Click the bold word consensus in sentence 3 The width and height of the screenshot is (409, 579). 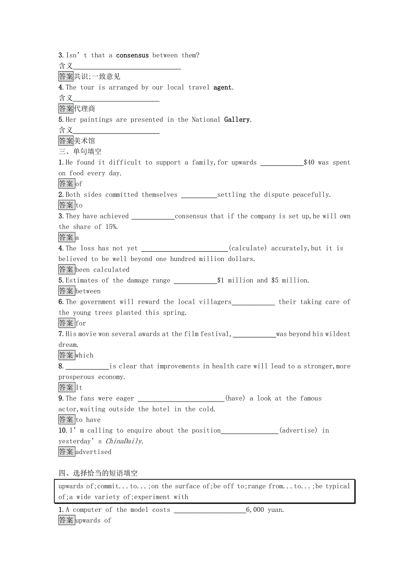[x=132, y=56]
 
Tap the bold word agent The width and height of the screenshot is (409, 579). [x=223, y=88]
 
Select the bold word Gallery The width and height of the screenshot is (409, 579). [x=237, y=120]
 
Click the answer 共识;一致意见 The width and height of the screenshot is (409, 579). [x=97, y=76]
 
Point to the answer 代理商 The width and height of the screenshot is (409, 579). [x=84, y=109]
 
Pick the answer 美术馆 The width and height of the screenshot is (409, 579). [x=84, y=141]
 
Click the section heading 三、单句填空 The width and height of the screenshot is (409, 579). [x=80, y=152]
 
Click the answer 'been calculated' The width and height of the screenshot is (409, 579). [x=103, y=269]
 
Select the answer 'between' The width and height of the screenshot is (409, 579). [x=88, y=291]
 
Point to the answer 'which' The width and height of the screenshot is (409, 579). [x=84, y=355]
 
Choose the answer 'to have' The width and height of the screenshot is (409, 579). [x=88, y=420]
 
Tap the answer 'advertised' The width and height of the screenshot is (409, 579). [x=93, y=452]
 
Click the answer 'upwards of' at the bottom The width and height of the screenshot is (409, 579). [x=93, y=520]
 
